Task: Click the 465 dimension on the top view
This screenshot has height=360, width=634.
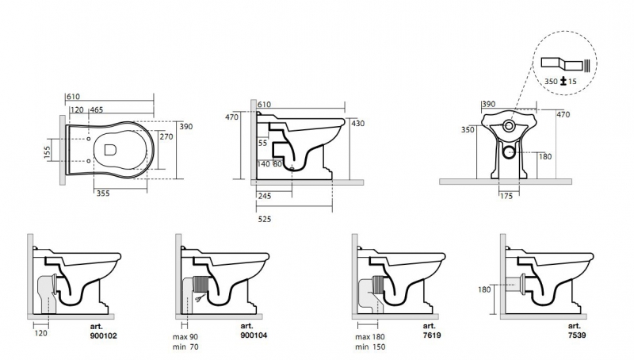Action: click(x=97, y=109)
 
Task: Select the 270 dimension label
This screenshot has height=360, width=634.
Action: click(x=166, y=136)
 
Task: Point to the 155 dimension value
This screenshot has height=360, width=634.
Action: click(x=48, y=151)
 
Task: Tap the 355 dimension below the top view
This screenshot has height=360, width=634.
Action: click(x=103, y=193)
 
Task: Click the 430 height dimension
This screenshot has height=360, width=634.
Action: click(x=358, y=124)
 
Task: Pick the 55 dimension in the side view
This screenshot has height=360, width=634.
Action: click(x=263, y=143)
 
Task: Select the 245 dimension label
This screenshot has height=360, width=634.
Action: click(x=265, y=196)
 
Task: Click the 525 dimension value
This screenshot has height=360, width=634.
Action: click(x=265, y=219)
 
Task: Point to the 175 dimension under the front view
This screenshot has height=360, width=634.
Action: click(x=506, y=196)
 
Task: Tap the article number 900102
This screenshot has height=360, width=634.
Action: click(x=104, y=335)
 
